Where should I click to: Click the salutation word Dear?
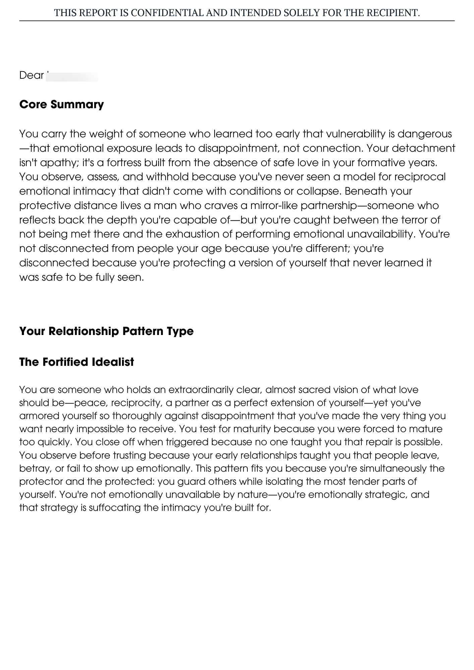(32, 75)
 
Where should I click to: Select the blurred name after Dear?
(72, 76)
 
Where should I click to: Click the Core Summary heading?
(62, 105)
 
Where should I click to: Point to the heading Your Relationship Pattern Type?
(106, 331)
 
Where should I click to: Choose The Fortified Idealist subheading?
(76, 362)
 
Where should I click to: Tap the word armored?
(39, 416)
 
